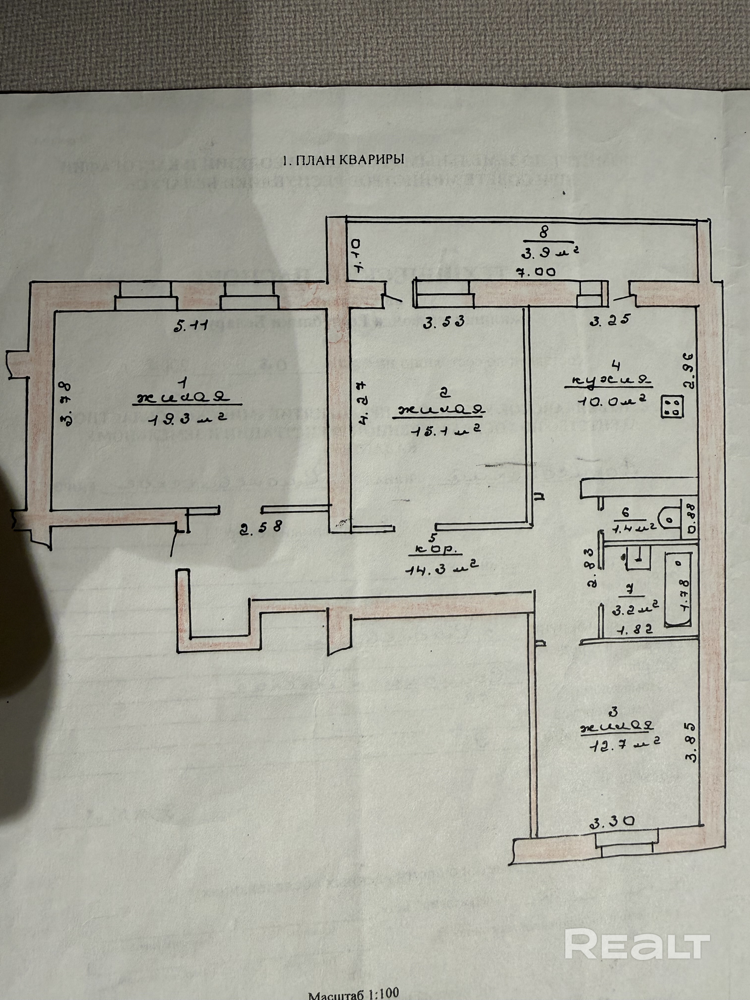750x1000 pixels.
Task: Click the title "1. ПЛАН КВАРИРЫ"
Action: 343,160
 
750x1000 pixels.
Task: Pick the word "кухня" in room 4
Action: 608,381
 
